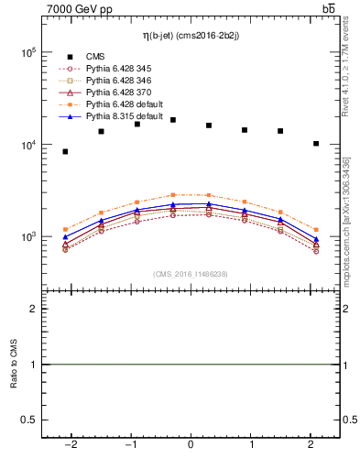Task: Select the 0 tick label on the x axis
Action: (191, 445)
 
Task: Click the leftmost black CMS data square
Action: (65, 151)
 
